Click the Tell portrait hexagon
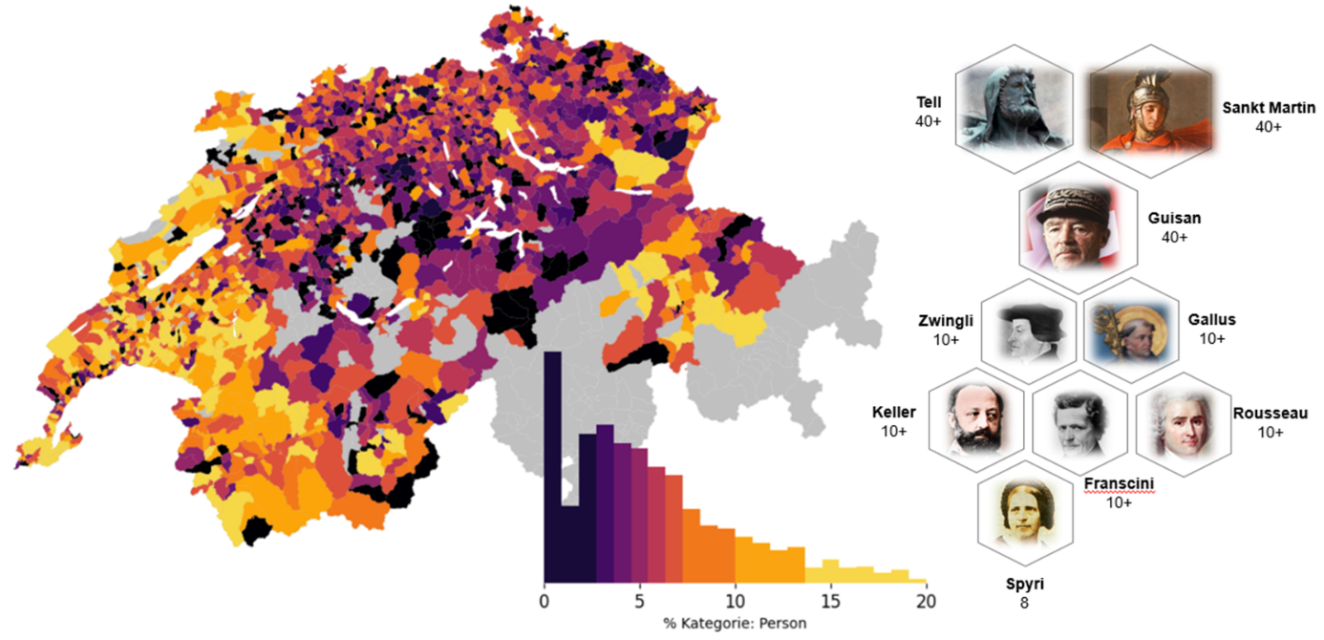coord(1014,109)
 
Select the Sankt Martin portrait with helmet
coord(1151,109)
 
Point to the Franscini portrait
coord(1079,421)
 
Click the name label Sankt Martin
coord(1269,108)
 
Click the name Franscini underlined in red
coord(1119,483)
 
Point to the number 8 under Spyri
coord(1023,604)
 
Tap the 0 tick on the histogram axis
coord(545,602)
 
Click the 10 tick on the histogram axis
coord(735,602)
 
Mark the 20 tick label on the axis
coord(925,602)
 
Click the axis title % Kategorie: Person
coord(735,624)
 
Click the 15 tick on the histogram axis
coord(830,602)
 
